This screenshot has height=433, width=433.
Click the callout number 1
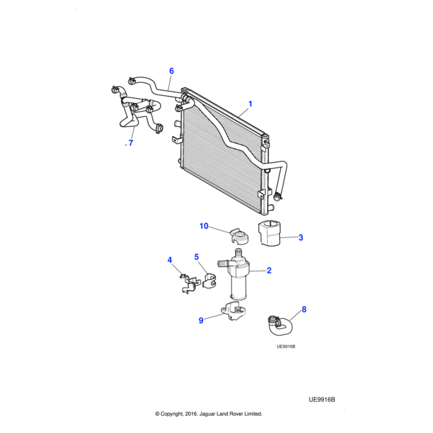250,104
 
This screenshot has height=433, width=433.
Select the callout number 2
268,271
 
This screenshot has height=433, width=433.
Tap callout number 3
300,237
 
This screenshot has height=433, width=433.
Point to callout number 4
170,260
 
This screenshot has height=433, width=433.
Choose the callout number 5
196,257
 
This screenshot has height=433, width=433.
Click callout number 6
172,71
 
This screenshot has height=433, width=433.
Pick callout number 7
131,144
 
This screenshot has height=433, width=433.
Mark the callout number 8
304,310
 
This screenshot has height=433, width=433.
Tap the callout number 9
201,320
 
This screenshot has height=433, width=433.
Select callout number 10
204,226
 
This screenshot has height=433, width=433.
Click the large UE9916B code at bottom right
323,398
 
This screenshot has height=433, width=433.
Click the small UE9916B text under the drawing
286,346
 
